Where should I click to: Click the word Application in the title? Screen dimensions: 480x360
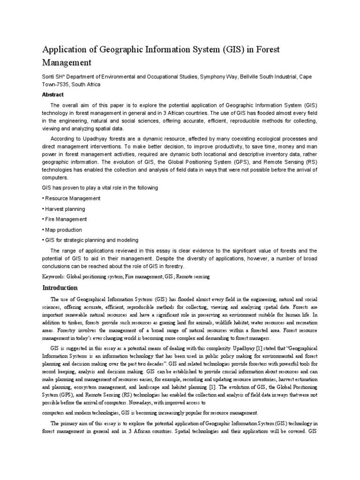coord(66,49)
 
